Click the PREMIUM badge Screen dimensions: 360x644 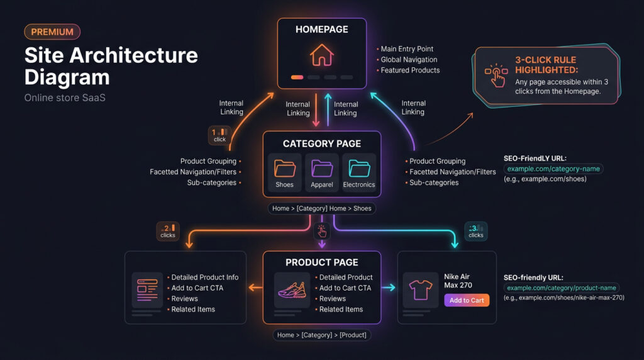pyautogui.click(x=52, y=32)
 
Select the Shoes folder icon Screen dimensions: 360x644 pyautogui.click(x=284, y=168)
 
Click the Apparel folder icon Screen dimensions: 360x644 pyautogui.click(x=321, y=168)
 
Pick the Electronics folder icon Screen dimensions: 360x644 pyautogui.click(x=359, y=168)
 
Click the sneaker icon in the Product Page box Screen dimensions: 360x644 pyautogui.click(x=292, y=290)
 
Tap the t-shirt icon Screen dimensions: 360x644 pyautogui.click(x=419, y=290)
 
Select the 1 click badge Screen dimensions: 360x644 pyautogui.click(x=219, y=135)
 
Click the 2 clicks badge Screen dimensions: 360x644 pyautogui.click(x=168, y=231)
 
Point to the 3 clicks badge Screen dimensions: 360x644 pyautogui.click(x=475, y=231)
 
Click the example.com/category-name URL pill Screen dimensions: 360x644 pyautogui.click(x=553, y=169)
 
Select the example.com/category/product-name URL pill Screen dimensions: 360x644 pyautogui.click(x=562, y=288)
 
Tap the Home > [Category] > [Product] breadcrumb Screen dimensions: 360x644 pyautogui.click(x=321, y=335)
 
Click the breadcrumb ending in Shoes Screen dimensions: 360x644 pyautogui.click(x=321, y=208)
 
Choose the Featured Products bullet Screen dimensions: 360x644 pyautogui.click(x=410, y=70)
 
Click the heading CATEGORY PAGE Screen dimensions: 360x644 pyautogui.click(x=321, y=143)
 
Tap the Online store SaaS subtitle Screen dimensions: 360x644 pyautogui.click(x=65, y=98)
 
